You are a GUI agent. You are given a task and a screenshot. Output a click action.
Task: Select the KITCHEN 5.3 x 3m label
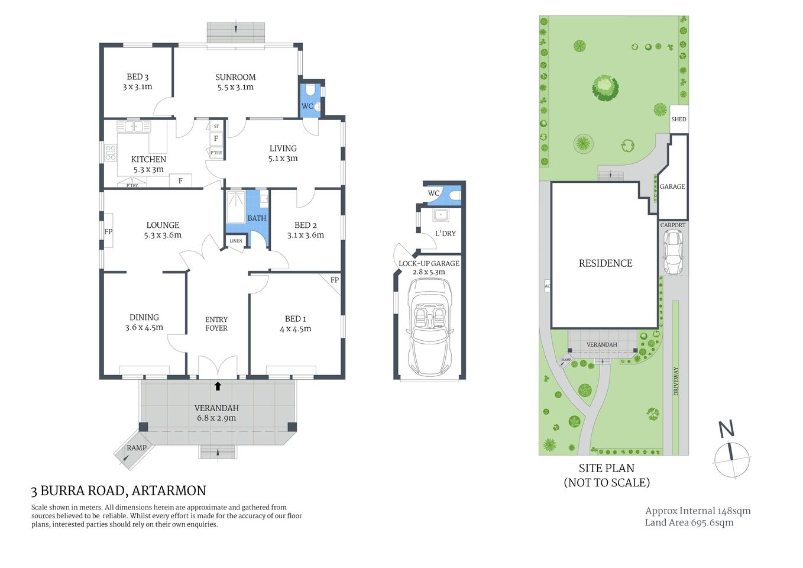[148, 164]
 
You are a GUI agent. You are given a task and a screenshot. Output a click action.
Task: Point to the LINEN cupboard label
[236, 241]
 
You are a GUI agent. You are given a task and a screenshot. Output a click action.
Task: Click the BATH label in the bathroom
[257, 218]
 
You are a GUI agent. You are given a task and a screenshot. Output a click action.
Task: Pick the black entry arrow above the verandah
[218, 386]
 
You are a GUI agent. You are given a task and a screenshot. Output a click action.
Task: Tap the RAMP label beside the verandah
[136, 448]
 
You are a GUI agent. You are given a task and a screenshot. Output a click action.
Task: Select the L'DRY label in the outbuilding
[445, 233]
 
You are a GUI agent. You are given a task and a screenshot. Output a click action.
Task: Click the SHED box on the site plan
[678, 119]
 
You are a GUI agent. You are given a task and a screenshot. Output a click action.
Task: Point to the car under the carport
[673, 251]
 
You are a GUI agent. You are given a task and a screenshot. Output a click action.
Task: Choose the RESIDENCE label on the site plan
[606, 263]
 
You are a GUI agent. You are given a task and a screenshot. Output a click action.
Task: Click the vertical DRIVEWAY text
[676, 381]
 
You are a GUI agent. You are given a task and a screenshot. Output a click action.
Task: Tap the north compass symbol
[731, 456]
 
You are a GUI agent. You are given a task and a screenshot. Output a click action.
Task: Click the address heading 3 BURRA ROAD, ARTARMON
[119, 490]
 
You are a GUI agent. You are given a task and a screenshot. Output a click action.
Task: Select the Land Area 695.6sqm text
[689, 522]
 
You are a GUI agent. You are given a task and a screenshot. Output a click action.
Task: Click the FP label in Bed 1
[334, 280]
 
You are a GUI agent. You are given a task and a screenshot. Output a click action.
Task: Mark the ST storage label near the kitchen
[216, 126]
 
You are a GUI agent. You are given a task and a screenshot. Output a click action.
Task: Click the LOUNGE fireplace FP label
[108, 232]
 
